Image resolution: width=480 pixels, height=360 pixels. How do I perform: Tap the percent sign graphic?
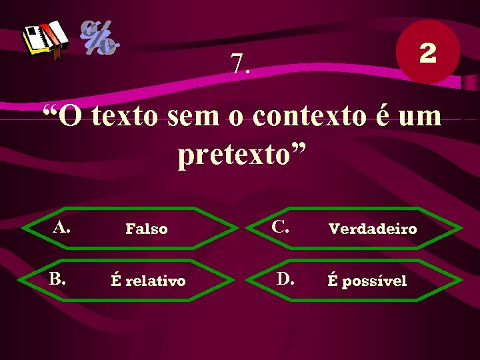point(99,38)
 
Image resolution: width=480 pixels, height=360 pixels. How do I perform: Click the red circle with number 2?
point(427,53)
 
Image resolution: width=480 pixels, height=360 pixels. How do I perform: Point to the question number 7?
point(241,63)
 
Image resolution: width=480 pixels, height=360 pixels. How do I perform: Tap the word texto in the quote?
point(126,116)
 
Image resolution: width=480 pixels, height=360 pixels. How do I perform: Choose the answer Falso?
point(147,229)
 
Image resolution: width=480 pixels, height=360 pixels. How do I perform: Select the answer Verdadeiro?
point(373,229)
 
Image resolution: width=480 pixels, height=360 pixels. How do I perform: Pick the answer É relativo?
point(148,281)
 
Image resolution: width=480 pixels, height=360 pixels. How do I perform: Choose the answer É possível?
point(367,281)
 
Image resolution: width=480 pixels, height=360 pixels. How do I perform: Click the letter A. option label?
point(62,228)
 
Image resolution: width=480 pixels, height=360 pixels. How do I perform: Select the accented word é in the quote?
point(384,116)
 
